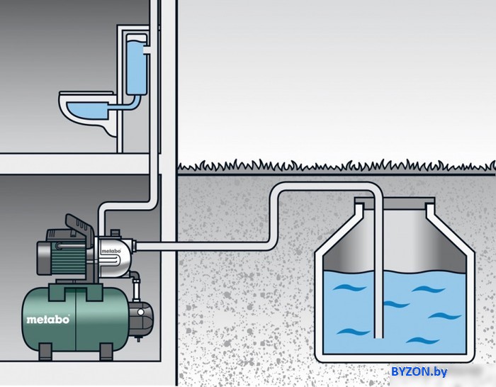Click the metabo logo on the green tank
[x=48, y=320]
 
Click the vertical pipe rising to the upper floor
[x=154, y=142]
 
